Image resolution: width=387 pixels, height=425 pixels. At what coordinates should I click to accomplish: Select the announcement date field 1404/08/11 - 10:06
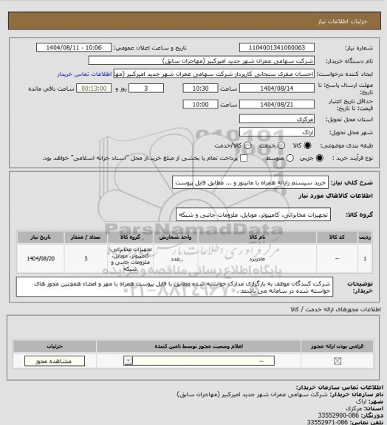[78, 47]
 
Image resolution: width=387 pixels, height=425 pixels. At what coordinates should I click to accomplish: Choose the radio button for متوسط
[261, 158]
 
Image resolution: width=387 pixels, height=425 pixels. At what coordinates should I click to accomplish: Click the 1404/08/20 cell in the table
[41, 259]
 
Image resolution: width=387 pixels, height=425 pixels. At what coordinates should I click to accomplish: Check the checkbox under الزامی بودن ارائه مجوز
[338, 361]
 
